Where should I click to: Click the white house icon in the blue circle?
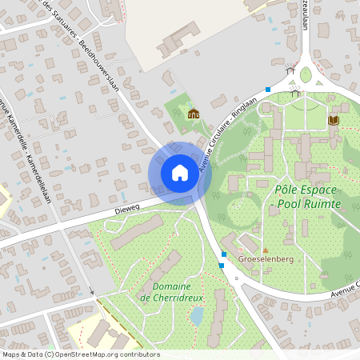tap(180, 172)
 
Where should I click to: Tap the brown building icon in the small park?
tap(193, 113)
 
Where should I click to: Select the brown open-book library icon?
tap(334, 120)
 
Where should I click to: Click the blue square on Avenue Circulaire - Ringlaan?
tap(268, 89)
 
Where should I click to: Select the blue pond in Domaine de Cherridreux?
tap(197, 315)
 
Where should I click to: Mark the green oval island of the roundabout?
tap(306, 75)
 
